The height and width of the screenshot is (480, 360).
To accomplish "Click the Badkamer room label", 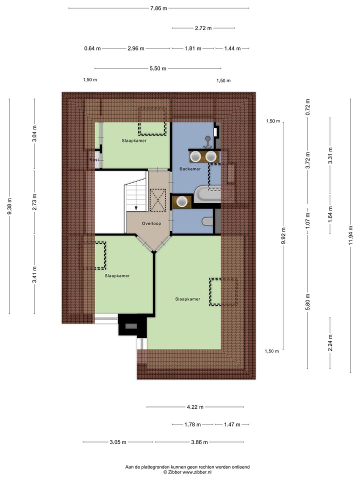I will [190, 169].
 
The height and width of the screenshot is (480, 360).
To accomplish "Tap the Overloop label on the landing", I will [150, 223].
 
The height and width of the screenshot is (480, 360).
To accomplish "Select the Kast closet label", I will [94, 159].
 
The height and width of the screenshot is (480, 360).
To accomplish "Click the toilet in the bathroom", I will [207, 221].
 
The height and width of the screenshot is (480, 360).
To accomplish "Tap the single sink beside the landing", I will [182, 201].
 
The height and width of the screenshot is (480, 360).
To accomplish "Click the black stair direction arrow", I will [135, 208].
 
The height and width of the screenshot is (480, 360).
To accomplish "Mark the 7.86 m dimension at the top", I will [158, 8].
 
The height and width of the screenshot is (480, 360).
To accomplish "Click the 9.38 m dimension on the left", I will [9, 206].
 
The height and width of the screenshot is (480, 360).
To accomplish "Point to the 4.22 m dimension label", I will [194, 407].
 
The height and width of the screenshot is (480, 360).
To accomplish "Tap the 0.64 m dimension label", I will [92, 48].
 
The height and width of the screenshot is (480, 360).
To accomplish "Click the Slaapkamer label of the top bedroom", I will [134, 141].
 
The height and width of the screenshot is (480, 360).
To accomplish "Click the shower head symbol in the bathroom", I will [207, 139].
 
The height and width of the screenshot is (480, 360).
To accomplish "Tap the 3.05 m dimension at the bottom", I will [118, 442].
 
